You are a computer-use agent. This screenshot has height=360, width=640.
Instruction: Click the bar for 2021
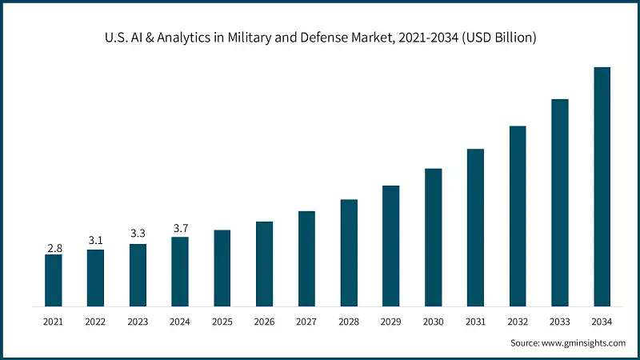click(54, 280)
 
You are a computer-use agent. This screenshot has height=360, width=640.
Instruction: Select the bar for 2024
click(180, 271)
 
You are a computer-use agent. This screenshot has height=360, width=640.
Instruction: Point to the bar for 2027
click(306, 258)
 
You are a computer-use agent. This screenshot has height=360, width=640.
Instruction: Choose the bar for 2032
click(518, 216)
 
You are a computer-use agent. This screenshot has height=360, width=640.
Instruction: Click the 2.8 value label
click(54, 249)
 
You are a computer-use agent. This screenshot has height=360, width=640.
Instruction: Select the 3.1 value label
click(96, 240)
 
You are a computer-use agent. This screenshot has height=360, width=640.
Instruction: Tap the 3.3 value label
click(138, 234)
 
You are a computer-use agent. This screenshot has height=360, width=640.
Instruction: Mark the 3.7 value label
click(180, 228)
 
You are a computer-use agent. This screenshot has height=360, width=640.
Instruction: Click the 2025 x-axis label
click(222, 322)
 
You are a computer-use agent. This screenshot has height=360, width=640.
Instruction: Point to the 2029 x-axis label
click(391, 322)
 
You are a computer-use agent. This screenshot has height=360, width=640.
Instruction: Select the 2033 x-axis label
click(560, 322)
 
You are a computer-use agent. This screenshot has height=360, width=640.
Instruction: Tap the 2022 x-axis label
click(96, 322)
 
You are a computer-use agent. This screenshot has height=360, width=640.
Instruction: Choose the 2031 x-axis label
click(475, 322)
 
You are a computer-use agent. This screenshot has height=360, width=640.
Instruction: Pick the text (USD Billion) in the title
click(498, 37)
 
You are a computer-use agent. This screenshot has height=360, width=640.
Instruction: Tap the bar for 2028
click(349, 253)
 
